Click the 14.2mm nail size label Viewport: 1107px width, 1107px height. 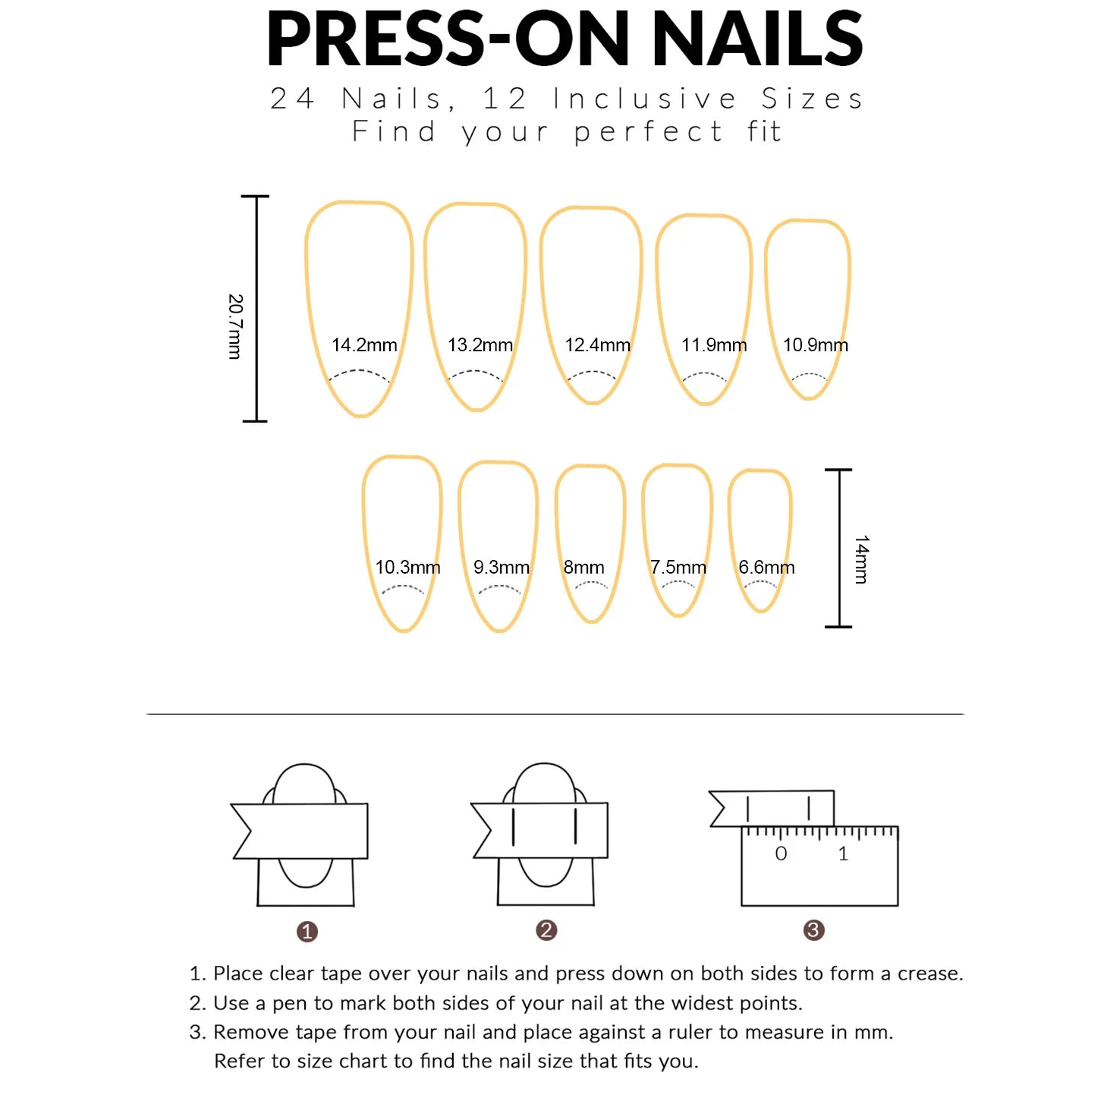point(364,345)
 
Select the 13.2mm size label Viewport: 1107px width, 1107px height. point(480,345)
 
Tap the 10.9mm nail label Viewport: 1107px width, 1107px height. point(815,345)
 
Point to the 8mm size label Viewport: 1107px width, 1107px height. point(583,568)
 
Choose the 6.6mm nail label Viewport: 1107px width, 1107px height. point(766,568)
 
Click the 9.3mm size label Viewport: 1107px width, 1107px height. point(502,568)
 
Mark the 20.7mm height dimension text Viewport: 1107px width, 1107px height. point(236,326)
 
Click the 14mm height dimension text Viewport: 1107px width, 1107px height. point(861,559)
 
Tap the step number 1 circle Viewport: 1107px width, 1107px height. point(307,932)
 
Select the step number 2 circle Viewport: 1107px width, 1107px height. point(546,930)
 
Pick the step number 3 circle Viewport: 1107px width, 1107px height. point(813,930)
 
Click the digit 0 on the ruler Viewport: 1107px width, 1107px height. point(781,854)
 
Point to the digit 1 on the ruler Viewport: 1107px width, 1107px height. point(843,854)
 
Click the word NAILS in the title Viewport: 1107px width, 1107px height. point(756,39)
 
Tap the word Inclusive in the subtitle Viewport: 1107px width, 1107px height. point(645,99)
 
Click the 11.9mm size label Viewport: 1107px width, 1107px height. point(714,345)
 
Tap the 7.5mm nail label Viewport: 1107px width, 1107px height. point(678,568)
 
